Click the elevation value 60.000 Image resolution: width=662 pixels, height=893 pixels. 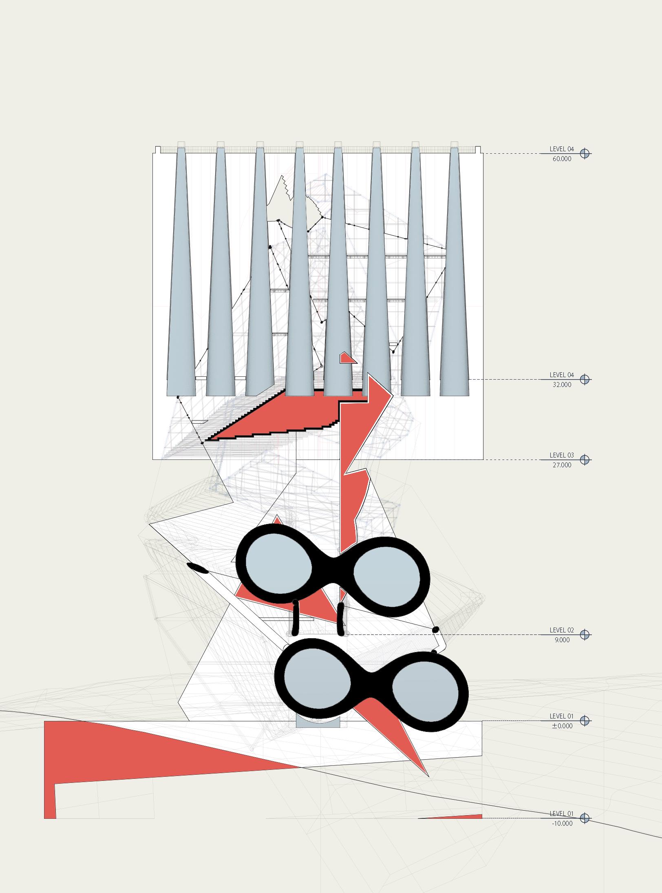click(x=562, y=159)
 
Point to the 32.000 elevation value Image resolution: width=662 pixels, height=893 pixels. click(x=562, y=385)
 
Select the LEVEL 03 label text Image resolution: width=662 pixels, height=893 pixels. click(x=561, y=455)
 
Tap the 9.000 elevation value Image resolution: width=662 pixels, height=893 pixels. click(x=562, y=640)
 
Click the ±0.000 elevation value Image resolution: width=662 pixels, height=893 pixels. click(x=562, y=725)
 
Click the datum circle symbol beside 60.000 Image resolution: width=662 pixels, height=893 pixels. click(x=585, y=154)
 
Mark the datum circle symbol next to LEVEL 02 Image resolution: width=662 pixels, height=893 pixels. click(x=585, y=634)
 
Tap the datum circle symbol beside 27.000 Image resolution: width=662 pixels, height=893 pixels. click(x=585, y=460)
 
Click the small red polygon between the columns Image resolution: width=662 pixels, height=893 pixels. click(x=347, y=358)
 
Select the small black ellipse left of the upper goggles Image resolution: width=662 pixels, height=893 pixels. click(x=198, y=568)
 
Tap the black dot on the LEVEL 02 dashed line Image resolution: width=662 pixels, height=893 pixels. click(x=435, y=630)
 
